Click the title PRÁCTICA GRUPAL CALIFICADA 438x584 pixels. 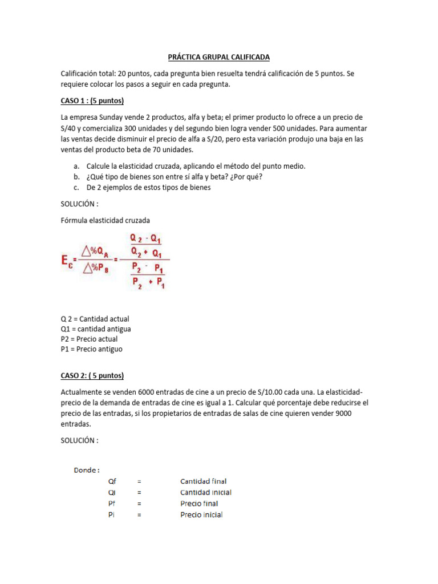click(x=219, y=57)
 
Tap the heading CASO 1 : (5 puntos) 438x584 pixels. click(x=92, y=102)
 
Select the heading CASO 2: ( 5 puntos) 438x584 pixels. click(x=92, y=376)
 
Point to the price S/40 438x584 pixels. click(x=70, y=128)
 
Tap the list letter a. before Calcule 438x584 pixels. click(x=76, y=166)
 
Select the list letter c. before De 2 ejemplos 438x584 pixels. click(x=76, y=188)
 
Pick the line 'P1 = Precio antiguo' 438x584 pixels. click(x=91, y=349)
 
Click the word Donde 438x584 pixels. click(x=87, y=470)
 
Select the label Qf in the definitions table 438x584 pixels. click(x=112, y=481)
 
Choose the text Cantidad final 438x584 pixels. click(x=203, y=481)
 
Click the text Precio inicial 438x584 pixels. click(x=201, y=515)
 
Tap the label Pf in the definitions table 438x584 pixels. click(x=112, y=504)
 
